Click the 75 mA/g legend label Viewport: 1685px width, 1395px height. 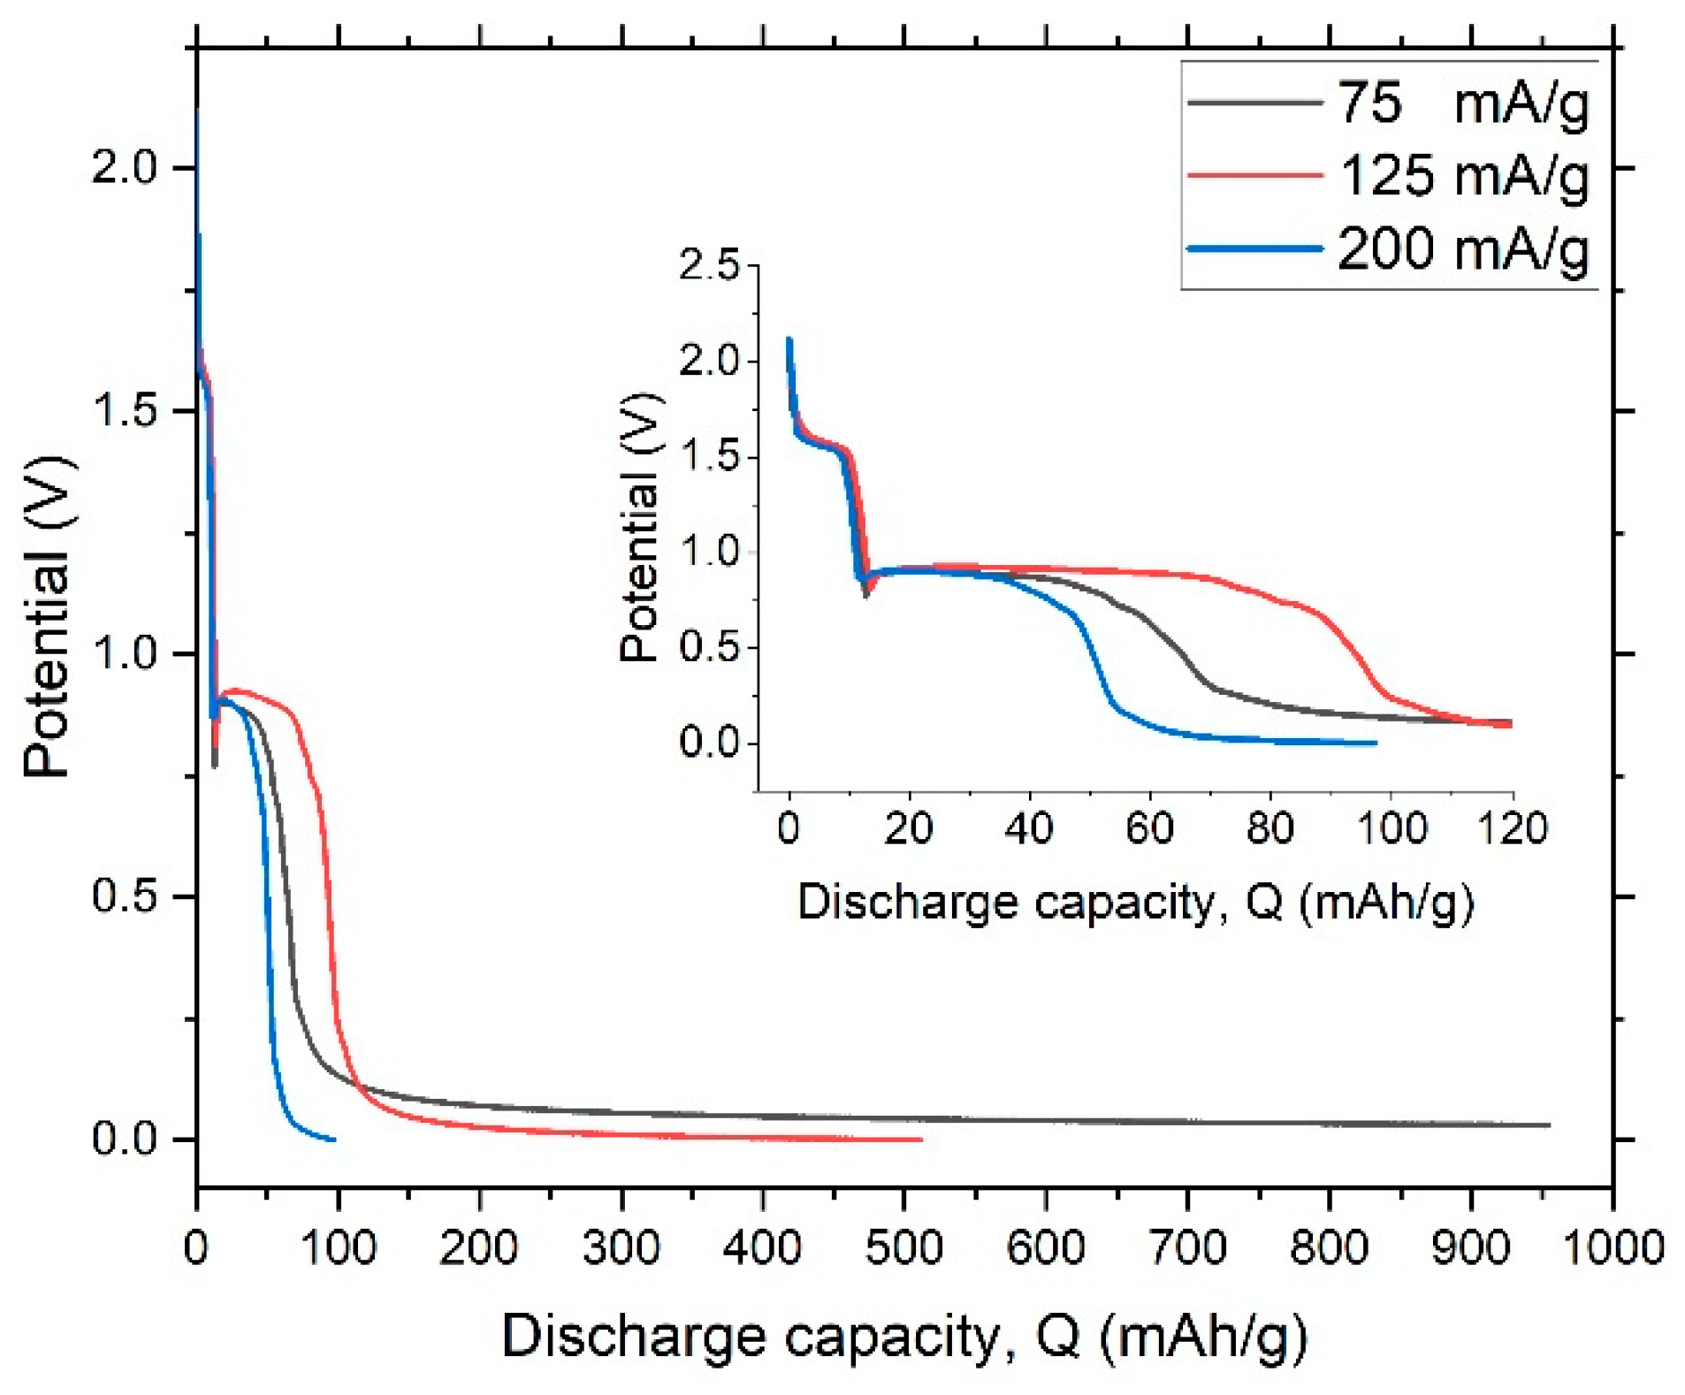pyautogui.click(x=1462, y=104)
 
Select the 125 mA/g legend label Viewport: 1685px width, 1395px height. pyautogui.click(x=1464, y=176)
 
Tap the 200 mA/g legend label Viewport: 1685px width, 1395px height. pyautogui.click(x=1464, y=248)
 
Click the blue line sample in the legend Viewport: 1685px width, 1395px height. pyautogui.click(x=1254, y=248)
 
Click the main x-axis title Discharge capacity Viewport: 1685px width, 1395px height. pyautogui.click(x=903, y=1335)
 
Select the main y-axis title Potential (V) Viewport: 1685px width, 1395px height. pyautogui.click(x=46, y=617)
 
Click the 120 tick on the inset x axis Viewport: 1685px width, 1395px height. pyautogui.click(x=1513, y=829)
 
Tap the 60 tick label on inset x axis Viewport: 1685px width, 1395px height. pyautogui.click(x=1149, y=829)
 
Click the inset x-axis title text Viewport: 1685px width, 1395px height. pyautogui.click(x=1135, y=903)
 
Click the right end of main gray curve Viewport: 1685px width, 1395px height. pyautogui.click(x=1549, y=1125)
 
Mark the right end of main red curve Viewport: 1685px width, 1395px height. pyautogui.click(x=921, y=1140)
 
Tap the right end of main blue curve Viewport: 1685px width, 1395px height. pyautogui.click(x=334, y=1140)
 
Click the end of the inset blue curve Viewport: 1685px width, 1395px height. pyautogui.click(x=1376, y=743)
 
